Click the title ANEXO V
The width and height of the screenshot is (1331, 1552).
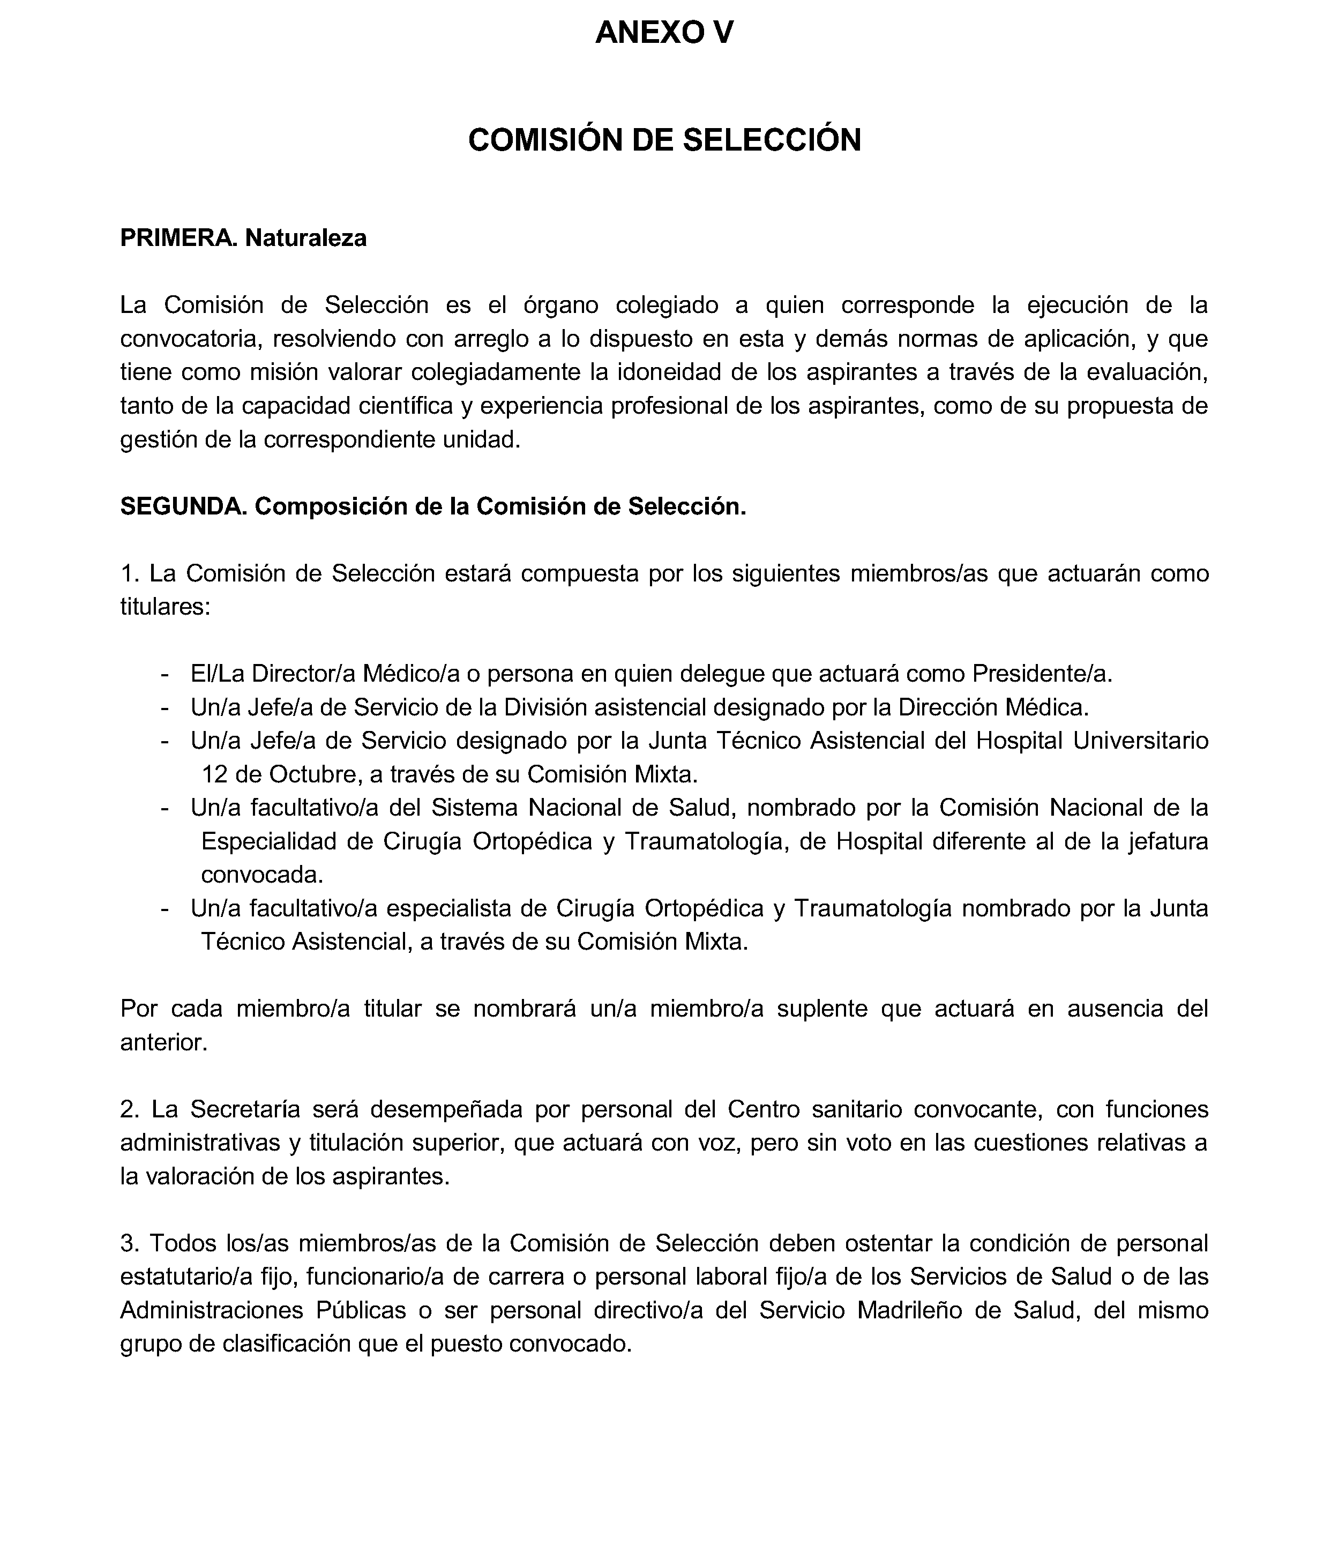pyautogui.click(x=664, y=33)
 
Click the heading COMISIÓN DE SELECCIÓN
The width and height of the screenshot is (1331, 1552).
pyautogui.click(x=664, y=140)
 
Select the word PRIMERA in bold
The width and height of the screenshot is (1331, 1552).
pyautogui.click(x=178, y=238)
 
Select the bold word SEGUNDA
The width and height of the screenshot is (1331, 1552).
pyautogui.click(x=183, y=506)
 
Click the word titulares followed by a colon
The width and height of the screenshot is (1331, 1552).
pyautogui.click(x=165, y=607)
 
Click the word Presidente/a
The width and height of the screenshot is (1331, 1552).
pyautogui.click(x=1042, y=674)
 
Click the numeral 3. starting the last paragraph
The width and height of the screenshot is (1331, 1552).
pyautogui.click(x=130, y=1243)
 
